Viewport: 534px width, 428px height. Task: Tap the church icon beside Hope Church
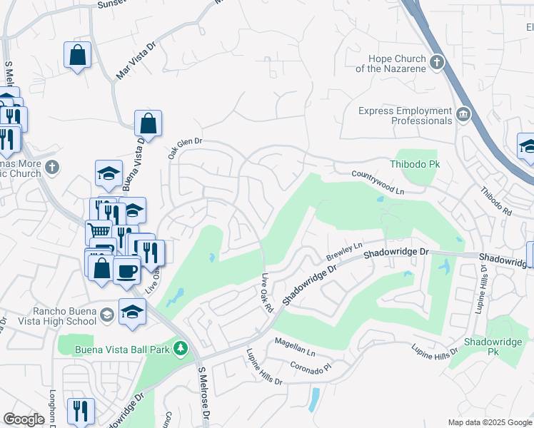coord(438,63)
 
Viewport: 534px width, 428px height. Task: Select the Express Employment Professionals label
coord(405,116)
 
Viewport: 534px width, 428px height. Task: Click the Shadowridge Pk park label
coord(493,347)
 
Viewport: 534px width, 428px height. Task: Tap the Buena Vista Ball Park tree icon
coord(182,348)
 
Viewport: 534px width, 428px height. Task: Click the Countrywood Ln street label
coord(378,183)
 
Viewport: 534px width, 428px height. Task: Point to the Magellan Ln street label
coord(294,347)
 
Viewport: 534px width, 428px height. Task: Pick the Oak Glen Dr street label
coord(185,147)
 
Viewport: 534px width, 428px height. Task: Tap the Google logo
coord(24,419)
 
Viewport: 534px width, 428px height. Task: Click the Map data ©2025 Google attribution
coord(489,422)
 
